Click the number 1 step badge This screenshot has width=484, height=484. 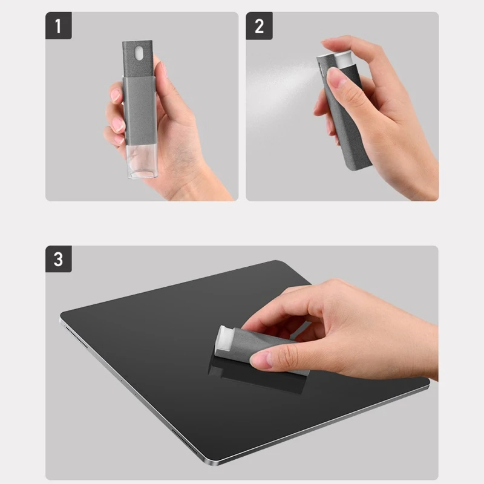coord(59,25)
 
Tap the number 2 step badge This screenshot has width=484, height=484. coord(259,26)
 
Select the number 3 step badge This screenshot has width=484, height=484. coord(59,259)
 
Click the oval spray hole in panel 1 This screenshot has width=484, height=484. coord(139,53)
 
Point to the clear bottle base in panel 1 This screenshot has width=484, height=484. coord(142,161)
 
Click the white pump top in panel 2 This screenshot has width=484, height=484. coord(342,59)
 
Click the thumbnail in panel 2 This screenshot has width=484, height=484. coord(338,79)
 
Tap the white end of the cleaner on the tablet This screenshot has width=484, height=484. coord(223,339)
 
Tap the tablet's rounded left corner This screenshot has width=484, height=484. coord(64,316)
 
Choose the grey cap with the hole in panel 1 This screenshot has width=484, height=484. coord(138,59)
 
